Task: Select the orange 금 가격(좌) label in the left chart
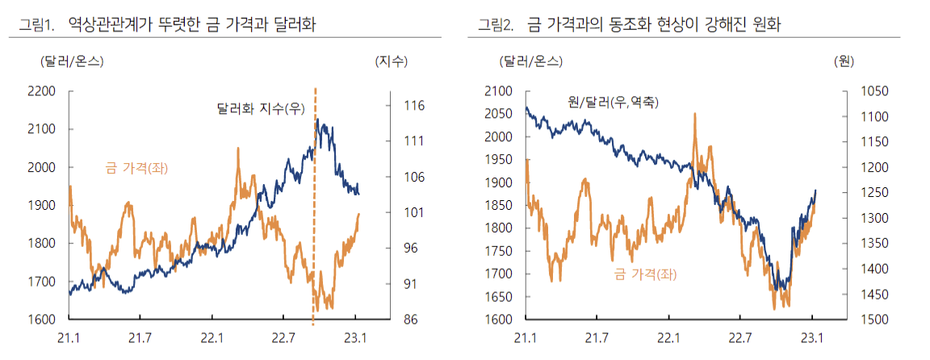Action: tap(141, 168)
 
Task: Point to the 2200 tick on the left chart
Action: tap(41, 91)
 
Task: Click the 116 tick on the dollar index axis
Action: tap(414, 106)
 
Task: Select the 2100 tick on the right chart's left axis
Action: tap(498, 91)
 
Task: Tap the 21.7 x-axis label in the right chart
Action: tap(597, 337)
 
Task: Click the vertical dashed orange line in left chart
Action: tap(314, 210)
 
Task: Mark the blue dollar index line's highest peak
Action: tap(318, 120)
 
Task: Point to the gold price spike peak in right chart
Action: tap(694, 115)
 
